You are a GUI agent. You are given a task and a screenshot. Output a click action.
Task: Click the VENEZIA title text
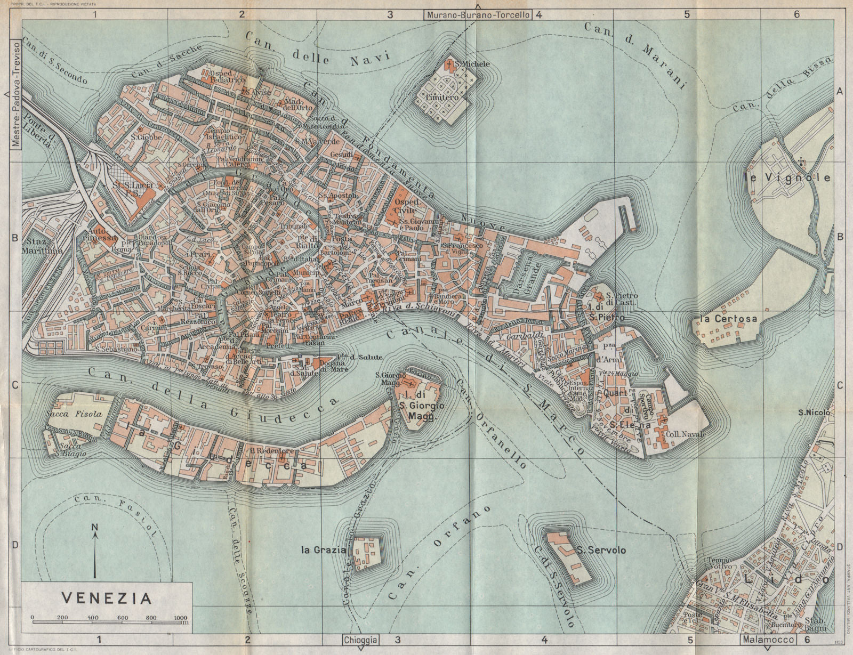click(x=107, y=597)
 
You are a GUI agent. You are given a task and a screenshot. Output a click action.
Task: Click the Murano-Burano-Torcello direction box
click(x=478, y=15)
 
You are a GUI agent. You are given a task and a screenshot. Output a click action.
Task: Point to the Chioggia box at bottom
click(x=361, y=640)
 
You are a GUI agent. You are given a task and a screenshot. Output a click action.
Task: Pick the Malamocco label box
click(x=767, y=640)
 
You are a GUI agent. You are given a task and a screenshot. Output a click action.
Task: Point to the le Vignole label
click(x=787, y=177)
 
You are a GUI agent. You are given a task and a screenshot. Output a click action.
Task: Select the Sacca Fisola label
click(x=69, y=414)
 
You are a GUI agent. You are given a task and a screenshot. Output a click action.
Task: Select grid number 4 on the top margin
click(x=539, y=15)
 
